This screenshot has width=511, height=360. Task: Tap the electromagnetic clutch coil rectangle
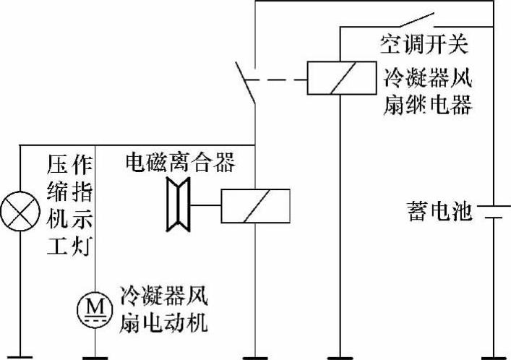click(256, 206)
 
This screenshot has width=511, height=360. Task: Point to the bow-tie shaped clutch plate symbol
click(176, 206)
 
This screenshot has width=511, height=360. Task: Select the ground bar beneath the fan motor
click(95, 356)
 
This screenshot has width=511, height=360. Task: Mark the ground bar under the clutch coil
click(256, 356)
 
